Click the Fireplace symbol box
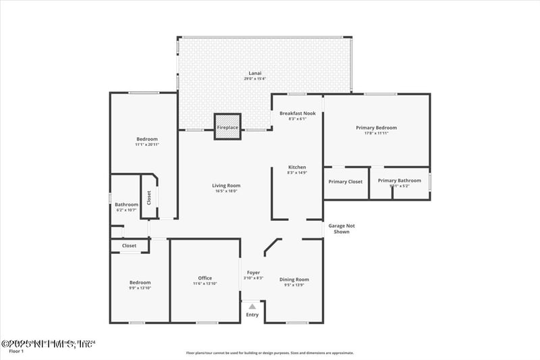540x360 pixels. pos(227,127)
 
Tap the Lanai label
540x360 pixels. pos(254,73)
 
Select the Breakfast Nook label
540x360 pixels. pos(297,113)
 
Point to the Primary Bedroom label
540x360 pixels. pos(376,128)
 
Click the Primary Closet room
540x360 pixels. pos(346,182)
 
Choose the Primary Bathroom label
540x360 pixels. pos(399,180)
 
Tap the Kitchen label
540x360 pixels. pos(297,167)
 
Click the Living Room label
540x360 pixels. pos(226,186)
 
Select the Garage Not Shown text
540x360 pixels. pos(342,229)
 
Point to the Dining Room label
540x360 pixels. pos(294,279)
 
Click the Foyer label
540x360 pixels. pos(253,273)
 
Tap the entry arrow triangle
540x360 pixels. pos(252,307)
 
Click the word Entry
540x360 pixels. pos(252,315)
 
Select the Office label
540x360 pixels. pos(205,278)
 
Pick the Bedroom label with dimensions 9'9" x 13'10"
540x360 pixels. pos(140,282)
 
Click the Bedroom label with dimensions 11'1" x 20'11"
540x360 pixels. pos(146,139)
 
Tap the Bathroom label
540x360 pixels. pos(126,205)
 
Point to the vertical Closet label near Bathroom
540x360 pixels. pos(149,197)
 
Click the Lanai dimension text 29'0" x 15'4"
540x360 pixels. pos(254,79)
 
